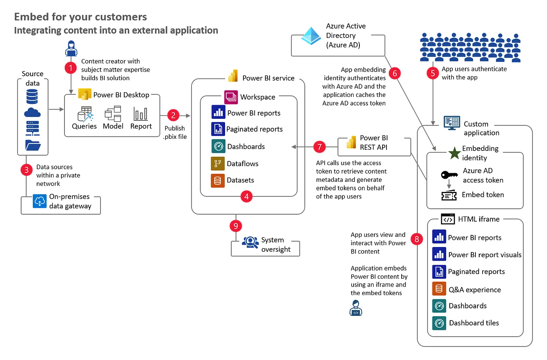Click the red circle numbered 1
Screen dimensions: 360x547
point(71,68)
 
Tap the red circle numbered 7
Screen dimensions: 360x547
point(319,147)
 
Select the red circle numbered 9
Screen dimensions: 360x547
point(236,226)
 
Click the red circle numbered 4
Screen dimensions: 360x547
point(246,197)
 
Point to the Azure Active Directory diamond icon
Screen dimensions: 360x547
point(311,36)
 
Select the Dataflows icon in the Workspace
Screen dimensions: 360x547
point(218,164)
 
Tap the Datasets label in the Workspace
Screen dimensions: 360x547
point(240,180)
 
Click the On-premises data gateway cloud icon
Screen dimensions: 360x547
point(39,201)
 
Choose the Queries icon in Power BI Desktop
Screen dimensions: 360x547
point(85,114)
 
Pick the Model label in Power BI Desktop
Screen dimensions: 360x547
point(113,126)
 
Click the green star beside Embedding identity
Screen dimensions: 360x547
point(454,153)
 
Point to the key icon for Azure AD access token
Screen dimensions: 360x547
point(449,175)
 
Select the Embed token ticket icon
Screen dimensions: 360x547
point(449,195)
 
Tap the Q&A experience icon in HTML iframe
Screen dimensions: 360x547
point(439,289)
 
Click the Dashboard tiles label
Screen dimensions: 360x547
point(474,323)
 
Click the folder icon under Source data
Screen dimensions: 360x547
point(33,145)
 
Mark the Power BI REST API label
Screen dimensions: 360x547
point(374,143)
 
